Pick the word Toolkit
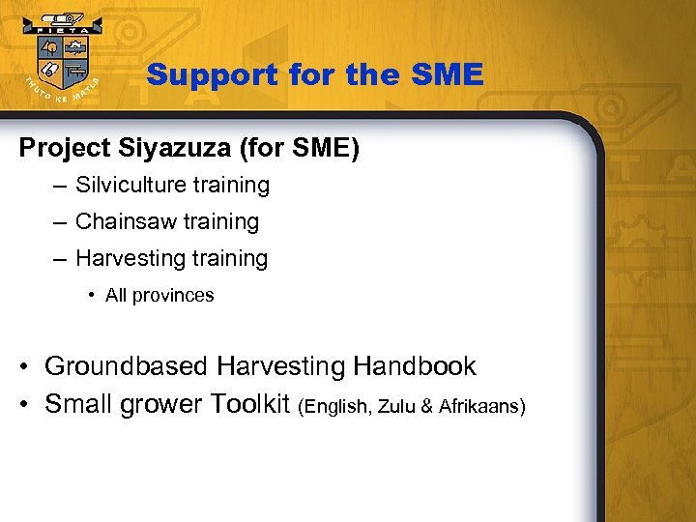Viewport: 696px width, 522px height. click(x=243, y=403)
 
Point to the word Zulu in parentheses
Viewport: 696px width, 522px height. click(x=397, y=406)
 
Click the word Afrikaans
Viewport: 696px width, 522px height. click(x=478, y=406)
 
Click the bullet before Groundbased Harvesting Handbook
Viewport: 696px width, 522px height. click(x=26, y=367)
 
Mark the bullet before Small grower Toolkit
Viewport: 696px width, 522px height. click(x=26, y=404)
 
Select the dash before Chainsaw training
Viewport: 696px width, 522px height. click(x=61, y=221)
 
